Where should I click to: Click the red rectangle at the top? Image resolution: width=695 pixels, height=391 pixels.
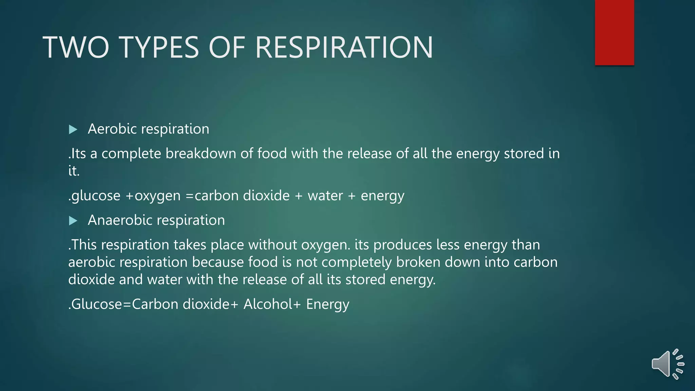coord(614,33)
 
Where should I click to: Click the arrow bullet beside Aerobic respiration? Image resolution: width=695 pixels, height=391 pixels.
coord(73,129)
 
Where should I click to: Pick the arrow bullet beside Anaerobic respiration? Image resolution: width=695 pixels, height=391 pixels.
coord(73,221)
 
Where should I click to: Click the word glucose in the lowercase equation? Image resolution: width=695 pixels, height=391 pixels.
coord(96,196)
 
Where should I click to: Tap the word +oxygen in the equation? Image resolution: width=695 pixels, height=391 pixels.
coord(153,196)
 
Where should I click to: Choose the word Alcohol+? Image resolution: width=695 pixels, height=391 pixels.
coord(272,304)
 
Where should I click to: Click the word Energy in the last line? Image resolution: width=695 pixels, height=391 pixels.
coord(327,304)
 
